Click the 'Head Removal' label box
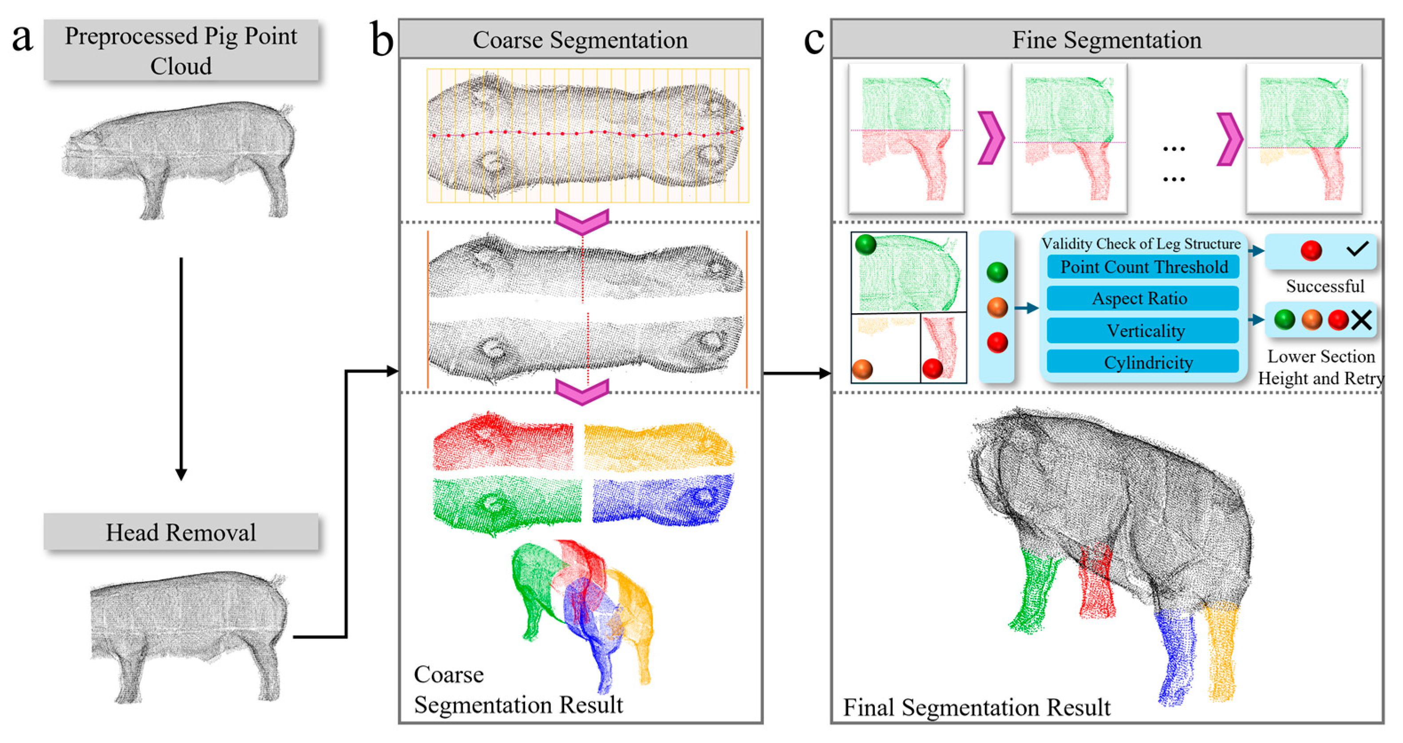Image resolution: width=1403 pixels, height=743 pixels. click(x=181, y=532)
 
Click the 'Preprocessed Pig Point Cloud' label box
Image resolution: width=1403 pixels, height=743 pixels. click(x=181, y=51)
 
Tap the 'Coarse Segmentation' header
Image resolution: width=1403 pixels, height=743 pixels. click(x=580, y=40)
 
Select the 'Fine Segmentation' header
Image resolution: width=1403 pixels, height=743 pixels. click(x=1107, y=40)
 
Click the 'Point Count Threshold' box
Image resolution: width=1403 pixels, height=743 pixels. click(x=1143, y=267)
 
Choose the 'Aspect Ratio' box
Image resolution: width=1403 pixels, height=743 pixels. click(x=1139, y=298)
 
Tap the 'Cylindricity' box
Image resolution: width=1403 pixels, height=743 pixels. click(x=1148, y=362)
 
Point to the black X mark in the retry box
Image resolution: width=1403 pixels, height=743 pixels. click(x=1361, y=320)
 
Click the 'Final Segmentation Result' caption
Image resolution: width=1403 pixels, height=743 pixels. click(x=976, y=708)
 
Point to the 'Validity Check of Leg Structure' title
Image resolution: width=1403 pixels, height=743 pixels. click(x=1141, y=244)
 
